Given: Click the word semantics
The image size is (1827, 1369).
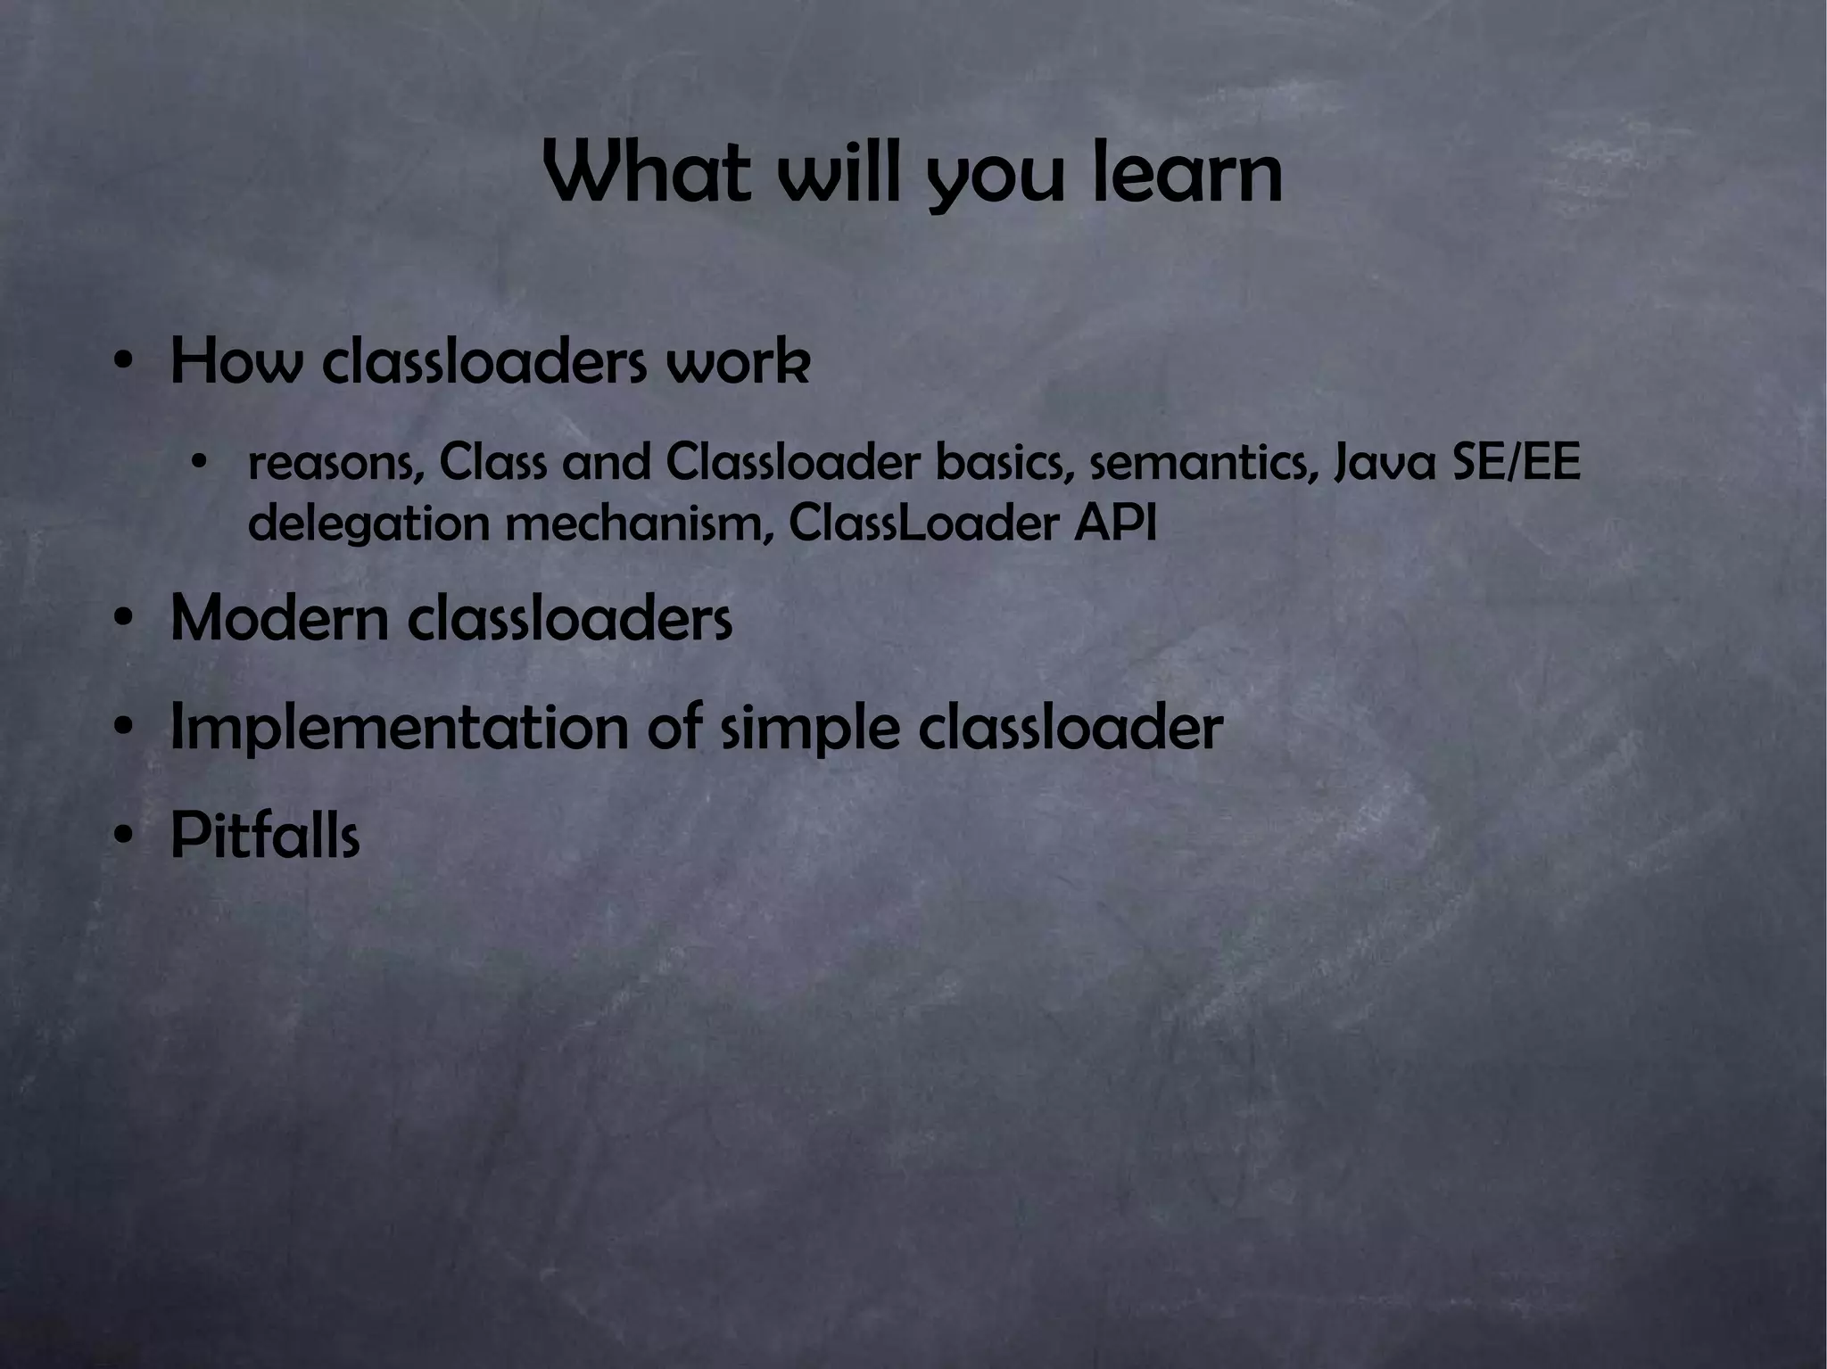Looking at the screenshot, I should [x=1203, y=464].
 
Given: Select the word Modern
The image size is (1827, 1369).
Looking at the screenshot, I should [x=279, y=618].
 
